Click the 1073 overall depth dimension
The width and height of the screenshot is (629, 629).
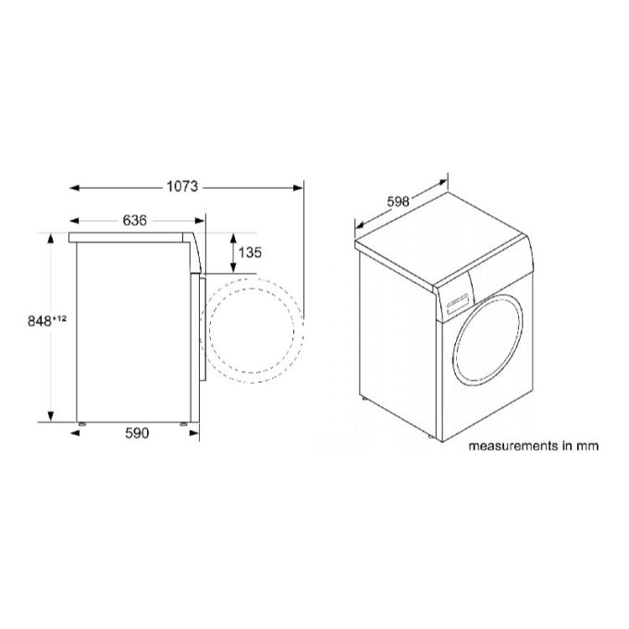(x=183, y=187)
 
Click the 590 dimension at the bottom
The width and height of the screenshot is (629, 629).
(x=135, y=433)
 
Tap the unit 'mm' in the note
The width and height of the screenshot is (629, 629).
(x=587, y=445)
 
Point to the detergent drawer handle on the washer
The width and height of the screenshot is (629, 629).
(x=454, y=305)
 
